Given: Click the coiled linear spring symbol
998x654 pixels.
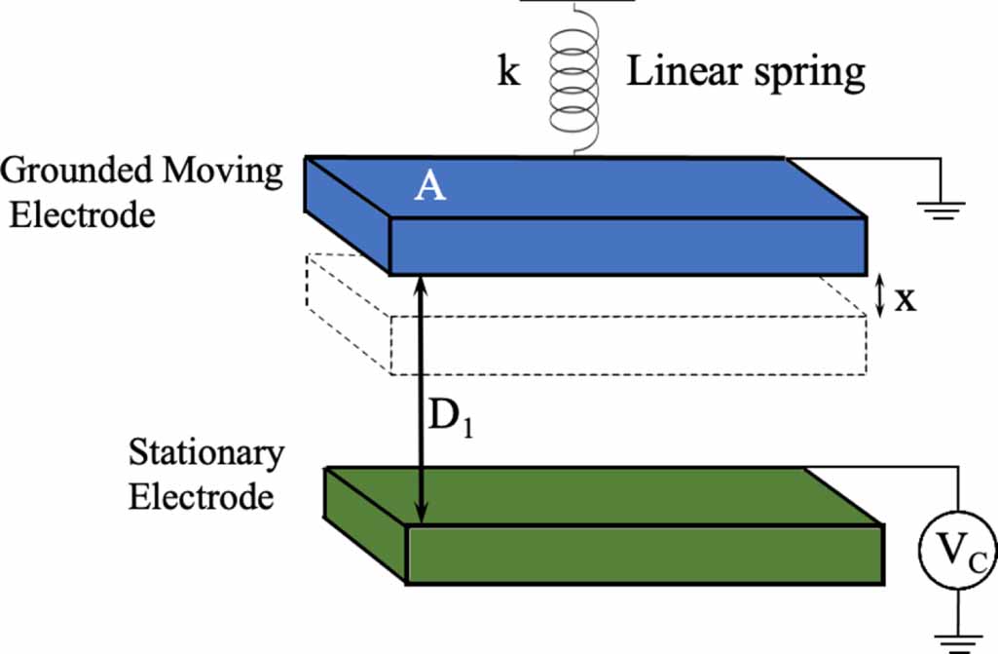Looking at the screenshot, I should point(575,78).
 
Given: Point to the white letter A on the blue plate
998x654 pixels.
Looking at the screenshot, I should point(429,185).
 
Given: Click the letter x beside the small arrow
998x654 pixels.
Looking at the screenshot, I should point(906,298).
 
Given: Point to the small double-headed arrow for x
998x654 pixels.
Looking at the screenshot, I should point(879,296).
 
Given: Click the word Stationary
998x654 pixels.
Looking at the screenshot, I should point(206,453).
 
